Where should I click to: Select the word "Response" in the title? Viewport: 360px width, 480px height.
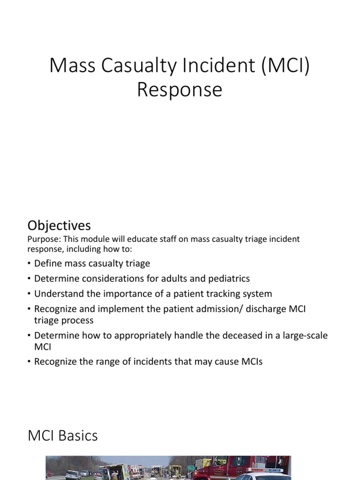tap(180, 89)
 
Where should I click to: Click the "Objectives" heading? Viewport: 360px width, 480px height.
tap(59, 225)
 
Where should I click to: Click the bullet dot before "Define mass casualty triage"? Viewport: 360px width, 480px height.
tap(30, 264)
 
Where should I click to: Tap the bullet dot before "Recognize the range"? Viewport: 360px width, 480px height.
tap(30, 362)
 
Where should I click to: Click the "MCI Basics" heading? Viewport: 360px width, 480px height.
tap(63, 436)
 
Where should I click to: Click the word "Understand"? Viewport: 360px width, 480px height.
tap(57, 294)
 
